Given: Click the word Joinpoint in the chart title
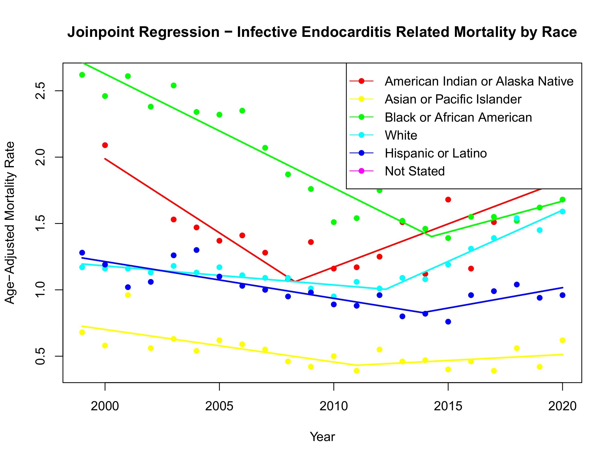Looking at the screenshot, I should [102, 32].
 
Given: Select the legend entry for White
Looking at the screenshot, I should [401, 135].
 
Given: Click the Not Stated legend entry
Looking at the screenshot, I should [414, 171].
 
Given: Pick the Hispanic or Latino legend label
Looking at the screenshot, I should [435, 153].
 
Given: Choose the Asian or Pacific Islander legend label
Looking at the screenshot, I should [453, 99].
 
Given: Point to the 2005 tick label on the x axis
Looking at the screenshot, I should [219, 406].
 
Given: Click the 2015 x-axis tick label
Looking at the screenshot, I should [448, 406].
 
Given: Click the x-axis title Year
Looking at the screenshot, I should [322, 437].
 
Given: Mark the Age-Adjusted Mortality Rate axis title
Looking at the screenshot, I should [10, 223].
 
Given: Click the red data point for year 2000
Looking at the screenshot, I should [105, 145].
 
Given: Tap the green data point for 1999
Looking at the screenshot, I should [82, 75].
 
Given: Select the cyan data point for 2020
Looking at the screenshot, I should [562, 212].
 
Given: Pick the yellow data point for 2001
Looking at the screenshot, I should [128, 295].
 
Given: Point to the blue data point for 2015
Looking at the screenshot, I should [448, 322].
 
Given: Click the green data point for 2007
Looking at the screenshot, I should [265, 148].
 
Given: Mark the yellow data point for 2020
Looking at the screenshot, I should [562, 340].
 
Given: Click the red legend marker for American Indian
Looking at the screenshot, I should [361, 81].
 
